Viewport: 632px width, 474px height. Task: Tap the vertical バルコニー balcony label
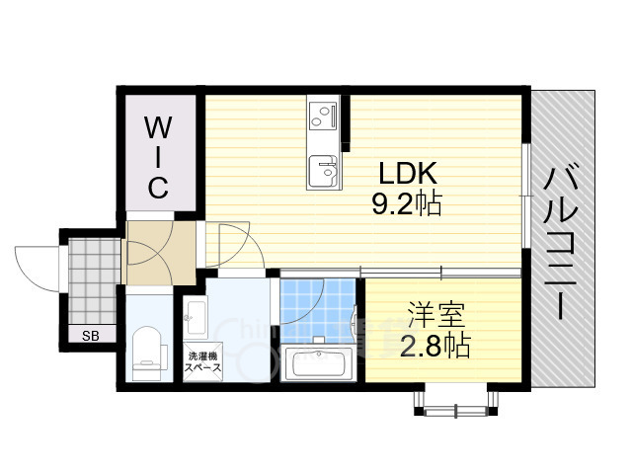565,242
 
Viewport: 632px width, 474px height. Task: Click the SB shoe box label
91,336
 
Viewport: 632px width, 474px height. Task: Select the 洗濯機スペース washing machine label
202,361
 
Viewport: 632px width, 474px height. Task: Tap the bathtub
318,364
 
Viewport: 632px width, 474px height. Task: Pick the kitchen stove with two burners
323,119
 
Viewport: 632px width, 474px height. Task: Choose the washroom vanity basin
195,318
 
